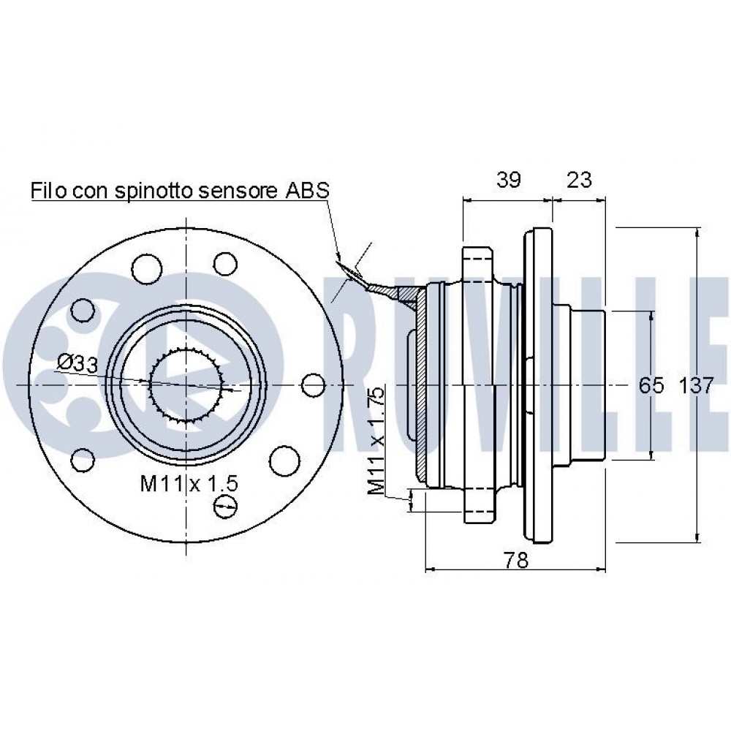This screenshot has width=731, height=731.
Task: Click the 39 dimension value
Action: point(508,180)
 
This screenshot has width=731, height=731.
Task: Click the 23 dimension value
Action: point(579,180)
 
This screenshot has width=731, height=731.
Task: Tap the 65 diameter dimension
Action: point(651,385)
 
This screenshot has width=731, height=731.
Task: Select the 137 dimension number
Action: point(696,385)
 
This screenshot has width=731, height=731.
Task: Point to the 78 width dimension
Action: point(516,560)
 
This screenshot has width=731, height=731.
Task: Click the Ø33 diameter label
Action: point(77,363)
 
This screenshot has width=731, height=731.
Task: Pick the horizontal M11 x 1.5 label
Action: point(189,483)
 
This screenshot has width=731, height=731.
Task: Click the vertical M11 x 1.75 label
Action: point(376,441)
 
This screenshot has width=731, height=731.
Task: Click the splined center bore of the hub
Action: point(186,385)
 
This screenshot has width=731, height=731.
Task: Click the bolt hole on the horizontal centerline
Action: point(313,385)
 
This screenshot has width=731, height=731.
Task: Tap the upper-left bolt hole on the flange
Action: point(146,268)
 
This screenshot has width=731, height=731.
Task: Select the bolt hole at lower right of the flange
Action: point(284,460)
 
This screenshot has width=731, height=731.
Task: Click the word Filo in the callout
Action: point(48,190)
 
